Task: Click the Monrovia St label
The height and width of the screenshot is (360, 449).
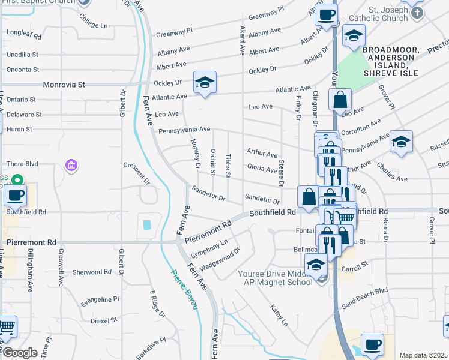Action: point(63,85)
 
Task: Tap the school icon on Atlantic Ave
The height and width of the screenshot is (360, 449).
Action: point(205,83)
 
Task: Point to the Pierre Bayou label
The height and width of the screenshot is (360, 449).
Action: point(185,290)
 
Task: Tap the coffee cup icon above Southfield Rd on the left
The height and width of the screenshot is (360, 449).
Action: point(15,195)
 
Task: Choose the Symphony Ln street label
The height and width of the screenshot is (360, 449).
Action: point(209,248)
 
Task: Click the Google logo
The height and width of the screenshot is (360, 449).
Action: point(20,353)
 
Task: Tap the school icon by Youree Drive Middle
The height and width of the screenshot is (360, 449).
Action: point(316,264)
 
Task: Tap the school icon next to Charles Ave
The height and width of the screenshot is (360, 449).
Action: point(402,142)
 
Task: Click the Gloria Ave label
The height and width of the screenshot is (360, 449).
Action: point(262,169)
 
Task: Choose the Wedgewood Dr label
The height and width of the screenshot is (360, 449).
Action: point(220,257)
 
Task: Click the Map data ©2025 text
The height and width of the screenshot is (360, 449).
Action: point(423,355)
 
